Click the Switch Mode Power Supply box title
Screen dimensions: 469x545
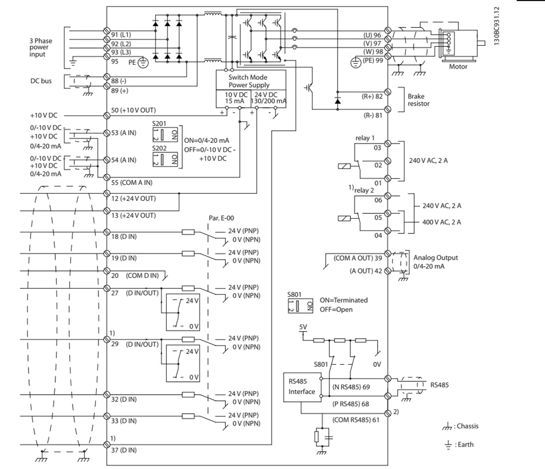(250, 81)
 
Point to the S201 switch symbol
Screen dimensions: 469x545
(165, 134)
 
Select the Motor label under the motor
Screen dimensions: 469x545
(458, 66)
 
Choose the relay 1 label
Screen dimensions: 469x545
(364, 137)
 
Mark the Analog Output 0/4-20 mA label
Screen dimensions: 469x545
(435, 261)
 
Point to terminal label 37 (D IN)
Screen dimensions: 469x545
(124, 450)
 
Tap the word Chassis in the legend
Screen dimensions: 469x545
(468, 426)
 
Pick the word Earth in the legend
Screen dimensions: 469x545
(466, 444)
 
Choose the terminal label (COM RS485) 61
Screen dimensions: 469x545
(357, 419)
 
